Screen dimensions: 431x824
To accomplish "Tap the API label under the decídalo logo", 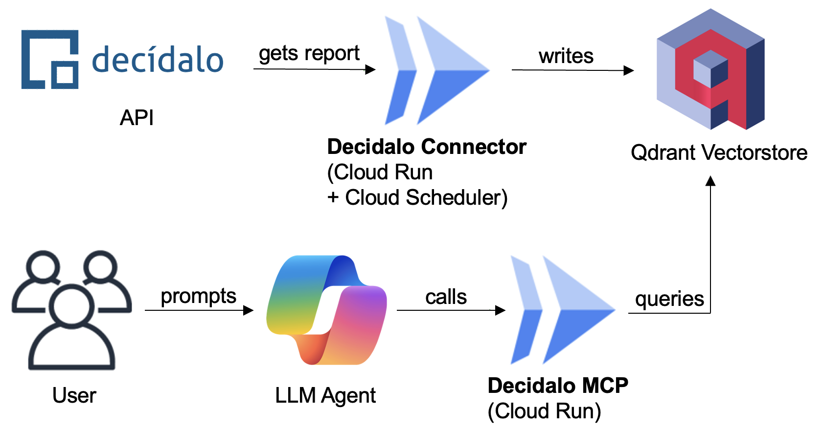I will (x=137, y=118).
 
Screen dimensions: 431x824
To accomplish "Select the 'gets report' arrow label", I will (x=309, y=54).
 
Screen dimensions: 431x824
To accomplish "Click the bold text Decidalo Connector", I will (x=426, y=147).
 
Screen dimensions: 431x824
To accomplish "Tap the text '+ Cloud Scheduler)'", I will (x=417, y=197).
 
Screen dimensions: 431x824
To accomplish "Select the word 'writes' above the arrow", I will (x=566, y=56).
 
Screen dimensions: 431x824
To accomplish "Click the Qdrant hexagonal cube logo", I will (x=710, y=69).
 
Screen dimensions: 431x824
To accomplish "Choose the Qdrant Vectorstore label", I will (x=719, y=152).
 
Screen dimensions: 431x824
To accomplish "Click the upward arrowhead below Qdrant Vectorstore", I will (x=710, y=181).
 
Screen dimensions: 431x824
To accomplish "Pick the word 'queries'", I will (x=669, y=299).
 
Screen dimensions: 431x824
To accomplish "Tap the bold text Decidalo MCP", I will (x=558, y=386).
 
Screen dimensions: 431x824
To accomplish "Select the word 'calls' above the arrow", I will (x=446, y=297).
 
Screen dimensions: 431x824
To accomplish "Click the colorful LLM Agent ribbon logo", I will (x=326, y=310).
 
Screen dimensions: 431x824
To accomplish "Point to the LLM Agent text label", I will (x=325, y=395).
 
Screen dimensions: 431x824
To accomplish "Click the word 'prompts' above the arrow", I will (x=198, y=296).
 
